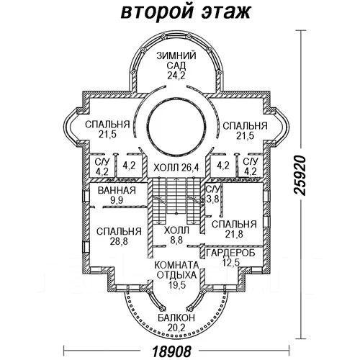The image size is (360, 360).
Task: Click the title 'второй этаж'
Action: coord(186,12)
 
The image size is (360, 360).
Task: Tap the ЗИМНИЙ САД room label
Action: coord(176,60)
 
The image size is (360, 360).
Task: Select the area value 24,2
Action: coord(176,76)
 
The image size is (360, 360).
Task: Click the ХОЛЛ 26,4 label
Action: coord(176,167)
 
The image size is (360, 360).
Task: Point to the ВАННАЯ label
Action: coord(117,191)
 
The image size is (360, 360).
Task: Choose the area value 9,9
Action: coord(117,200)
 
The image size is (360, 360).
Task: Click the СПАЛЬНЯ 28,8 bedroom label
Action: coord(119,236)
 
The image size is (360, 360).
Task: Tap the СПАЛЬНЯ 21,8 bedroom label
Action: coord(234,229)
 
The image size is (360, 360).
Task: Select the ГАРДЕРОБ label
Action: coord(230,253)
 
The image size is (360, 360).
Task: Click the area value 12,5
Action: coord(230,263)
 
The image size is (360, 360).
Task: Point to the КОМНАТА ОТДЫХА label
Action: coord(176,270)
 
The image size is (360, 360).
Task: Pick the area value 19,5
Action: coord(177,285)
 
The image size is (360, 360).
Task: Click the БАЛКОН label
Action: coord(176,318)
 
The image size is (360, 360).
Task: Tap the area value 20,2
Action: coord(176,328)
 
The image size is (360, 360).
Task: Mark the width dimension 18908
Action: coord(172,351)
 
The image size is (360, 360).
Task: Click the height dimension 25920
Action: coord(300,176)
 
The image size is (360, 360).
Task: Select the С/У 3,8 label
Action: coord(212,194)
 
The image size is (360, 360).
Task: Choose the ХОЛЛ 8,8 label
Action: coord(177,235)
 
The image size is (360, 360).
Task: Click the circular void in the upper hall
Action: coord(177,127)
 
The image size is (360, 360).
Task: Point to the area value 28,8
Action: coord(119,241)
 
